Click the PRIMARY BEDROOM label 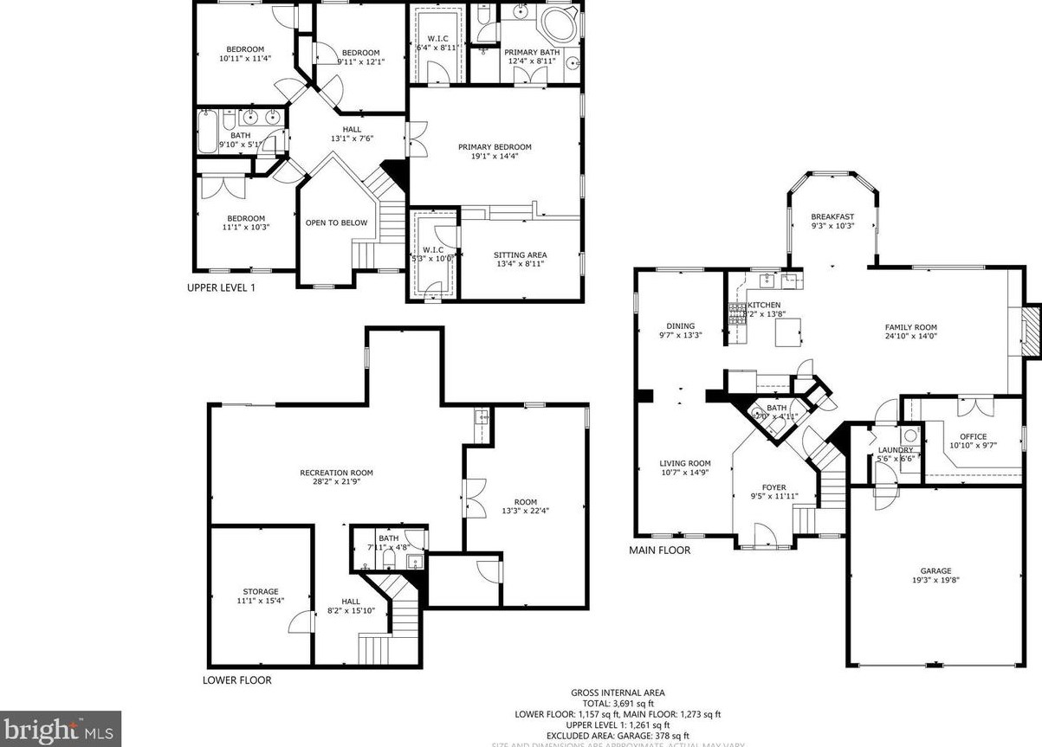coord(495,147)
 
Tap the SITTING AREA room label coord(520,255)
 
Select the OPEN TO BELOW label coord(336,223)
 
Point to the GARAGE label coord(935,571)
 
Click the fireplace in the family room coord(1030,330)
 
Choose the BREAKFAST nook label coord(832,217)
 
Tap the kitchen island coord(787,332)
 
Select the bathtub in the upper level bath coord(208,133)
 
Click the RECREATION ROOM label coord(336,473)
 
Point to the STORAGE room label coord(260,592)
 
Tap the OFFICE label coord(967,437)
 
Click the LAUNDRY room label coord(896,450)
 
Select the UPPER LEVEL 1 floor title coord(221,288)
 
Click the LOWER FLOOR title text coord(236,680)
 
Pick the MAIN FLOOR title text coord(659,550)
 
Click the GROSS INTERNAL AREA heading coord(618,692)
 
